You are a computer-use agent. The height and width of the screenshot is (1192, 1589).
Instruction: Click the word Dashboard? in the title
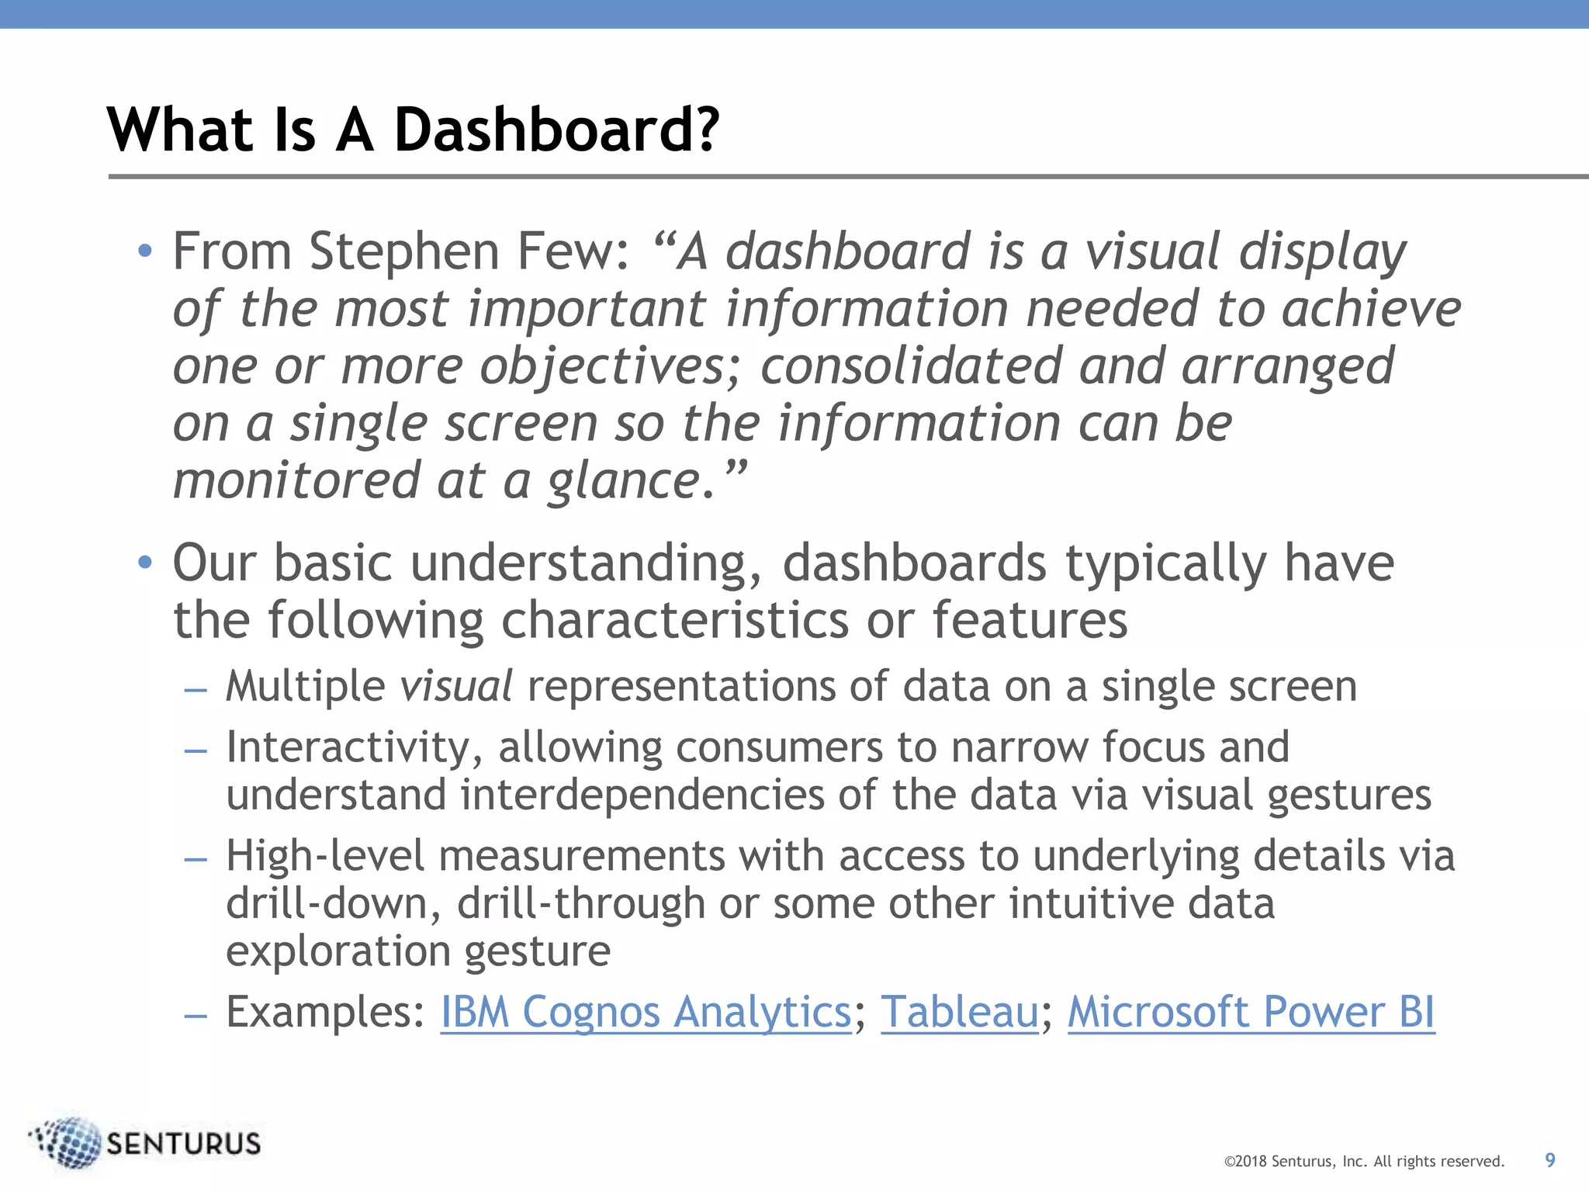click(556, 130)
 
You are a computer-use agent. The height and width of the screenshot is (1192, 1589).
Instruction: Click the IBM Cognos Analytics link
click(646, 1012)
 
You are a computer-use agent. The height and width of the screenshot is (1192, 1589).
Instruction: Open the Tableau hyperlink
click(959, 1012)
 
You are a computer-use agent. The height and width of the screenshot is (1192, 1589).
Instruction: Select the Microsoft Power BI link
click(1251, 1012)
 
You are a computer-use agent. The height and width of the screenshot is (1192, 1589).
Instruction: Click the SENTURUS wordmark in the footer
click(184, 1144)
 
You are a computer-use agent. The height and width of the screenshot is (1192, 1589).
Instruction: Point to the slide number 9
click(1549, 1160)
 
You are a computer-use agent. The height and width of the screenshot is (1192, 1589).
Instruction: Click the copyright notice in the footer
click(1364, 1162)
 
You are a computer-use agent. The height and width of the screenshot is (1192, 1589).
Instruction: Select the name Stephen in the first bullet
click(403, 252)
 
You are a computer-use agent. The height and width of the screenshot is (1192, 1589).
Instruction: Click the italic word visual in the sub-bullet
click(456, 687)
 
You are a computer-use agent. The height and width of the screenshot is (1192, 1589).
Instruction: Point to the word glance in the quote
click(624, 481)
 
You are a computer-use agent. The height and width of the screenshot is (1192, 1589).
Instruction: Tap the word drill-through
click(580, 904)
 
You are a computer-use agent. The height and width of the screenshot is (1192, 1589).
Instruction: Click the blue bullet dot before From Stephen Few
click(145, 251)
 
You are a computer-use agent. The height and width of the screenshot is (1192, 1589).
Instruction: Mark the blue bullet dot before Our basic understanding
click(145, 563)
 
